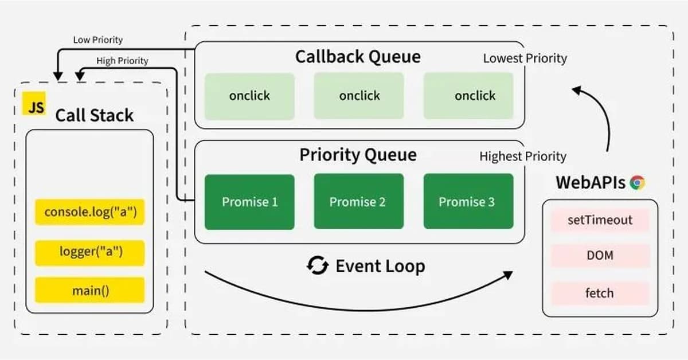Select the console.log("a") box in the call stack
(89, 212)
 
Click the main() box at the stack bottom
(89, 290)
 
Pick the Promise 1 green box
(249, 202)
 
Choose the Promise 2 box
(359, 202)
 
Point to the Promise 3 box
(468, 202)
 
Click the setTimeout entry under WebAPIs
(600, 220)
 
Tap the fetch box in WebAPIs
(600, 293)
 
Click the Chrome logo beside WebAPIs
(637, 183)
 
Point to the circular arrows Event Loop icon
(317, 266)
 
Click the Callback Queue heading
(358, 57)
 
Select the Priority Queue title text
(358, 155)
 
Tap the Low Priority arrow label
(97, 40)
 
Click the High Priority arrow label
(122, 61)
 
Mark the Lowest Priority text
(525, 58)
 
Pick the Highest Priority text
(523, 156)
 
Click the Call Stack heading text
(94, 115)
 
